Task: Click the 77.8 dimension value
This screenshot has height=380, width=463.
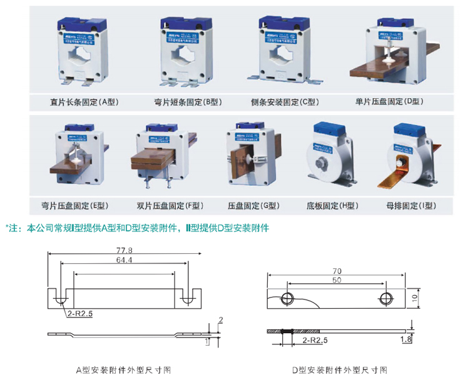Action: click(x=125, y=250)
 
